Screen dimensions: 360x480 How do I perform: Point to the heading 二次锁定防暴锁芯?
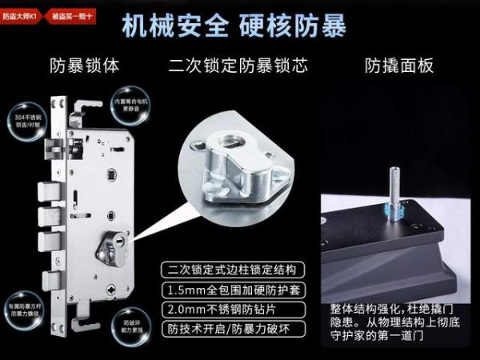(238, 65)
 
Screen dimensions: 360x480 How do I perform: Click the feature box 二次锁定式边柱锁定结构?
(230, 269)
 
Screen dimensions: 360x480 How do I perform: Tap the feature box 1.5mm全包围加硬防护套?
(230, 289)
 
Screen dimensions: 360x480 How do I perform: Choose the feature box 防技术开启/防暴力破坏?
(230, 329)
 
